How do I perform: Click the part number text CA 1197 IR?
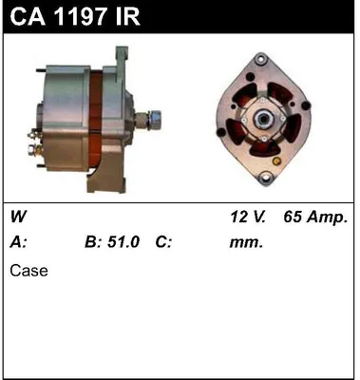point(71,16)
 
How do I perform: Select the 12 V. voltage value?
point(248,218)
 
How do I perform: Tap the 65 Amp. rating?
point(315,218)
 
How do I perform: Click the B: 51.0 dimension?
point(113,242)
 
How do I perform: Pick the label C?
point(163,242)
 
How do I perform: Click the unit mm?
point(245,242)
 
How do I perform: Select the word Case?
point(28,271)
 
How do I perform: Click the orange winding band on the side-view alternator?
point(104,119)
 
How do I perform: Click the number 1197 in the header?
point(82,16)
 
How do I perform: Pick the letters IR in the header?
point(129,16)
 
